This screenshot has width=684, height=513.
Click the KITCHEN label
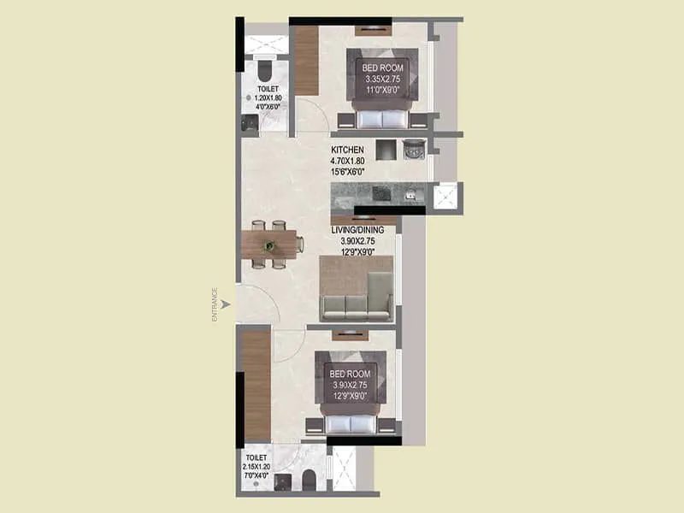349,150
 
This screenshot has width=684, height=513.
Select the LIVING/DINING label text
358,230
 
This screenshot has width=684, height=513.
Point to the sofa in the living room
356,306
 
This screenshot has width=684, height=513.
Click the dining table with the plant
270,245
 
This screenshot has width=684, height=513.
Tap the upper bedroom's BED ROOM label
377,68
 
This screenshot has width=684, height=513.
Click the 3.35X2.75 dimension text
377,80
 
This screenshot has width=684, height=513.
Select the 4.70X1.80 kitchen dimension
349,161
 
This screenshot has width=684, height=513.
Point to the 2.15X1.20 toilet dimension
256,468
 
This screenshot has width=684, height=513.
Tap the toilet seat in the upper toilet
263,68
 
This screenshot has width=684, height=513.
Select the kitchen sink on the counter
414,194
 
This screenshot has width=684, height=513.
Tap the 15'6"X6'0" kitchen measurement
349,172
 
